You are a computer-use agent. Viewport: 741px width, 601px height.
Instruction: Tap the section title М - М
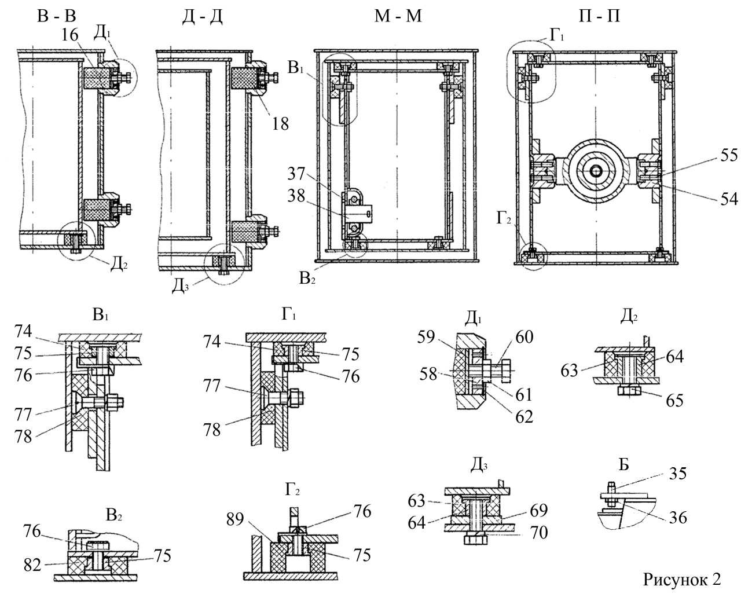click(x=398, y=16)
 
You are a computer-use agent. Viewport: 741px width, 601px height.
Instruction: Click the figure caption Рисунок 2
click(x=682, y=580)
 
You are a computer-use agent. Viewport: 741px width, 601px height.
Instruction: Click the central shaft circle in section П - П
click(x=595, y=172)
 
